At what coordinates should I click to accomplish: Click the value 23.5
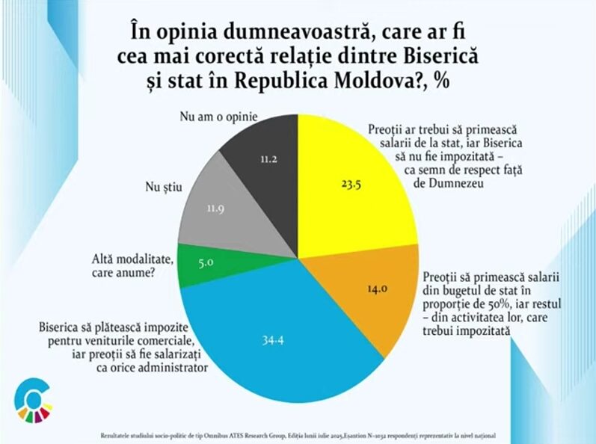351,185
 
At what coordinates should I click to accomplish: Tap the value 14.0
377,289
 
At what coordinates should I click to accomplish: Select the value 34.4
273,340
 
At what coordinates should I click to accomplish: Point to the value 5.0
206,262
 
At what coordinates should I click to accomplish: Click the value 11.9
215,209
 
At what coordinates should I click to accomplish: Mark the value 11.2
268,158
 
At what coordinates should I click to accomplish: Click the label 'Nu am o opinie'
218,117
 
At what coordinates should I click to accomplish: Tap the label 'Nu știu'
164,186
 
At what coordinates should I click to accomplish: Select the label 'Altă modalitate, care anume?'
132,266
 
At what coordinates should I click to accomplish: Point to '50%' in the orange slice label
491,304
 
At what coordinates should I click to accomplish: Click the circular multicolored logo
34,400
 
